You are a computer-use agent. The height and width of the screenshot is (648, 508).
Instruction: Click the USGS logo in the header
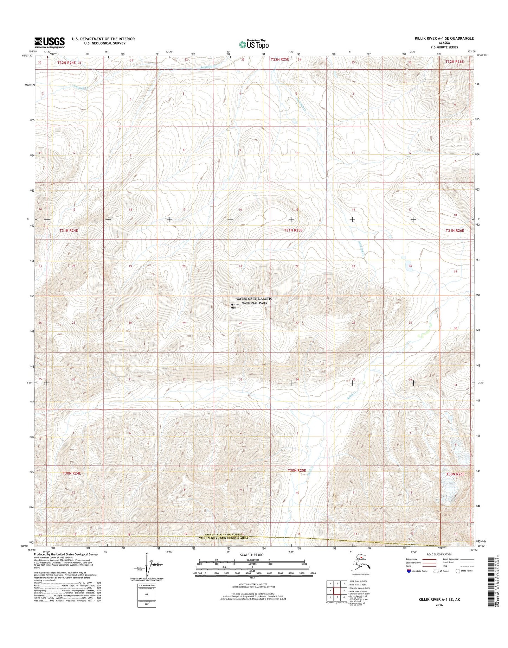[x=49, y=42]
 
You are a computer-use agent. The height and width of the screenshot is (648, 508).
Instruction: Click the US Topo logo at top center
[x=254, y=44]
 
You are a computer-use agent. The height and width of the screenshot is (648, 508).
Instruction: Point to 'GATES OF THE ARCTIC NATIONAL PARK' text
[x=254, y=301]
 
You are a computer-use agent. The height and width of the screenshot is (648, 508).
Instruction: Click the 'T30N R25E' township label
[x=297, y=470]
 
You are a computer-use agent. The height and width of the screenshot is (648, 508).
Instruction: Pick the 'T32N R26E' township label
[x=455, y=61]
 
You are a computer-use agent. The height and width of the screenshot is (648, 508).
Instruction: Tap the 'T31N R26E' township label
[x=455, y=230]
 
